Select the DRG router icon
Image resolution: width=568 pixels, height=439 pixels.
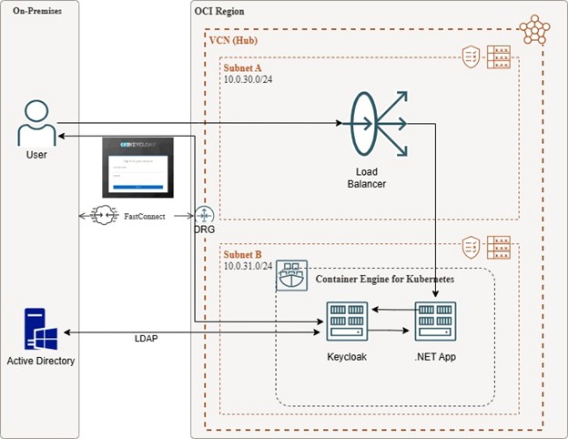(203, 216)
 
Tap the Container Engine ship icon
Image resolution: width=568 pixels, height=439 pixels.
(291, 275)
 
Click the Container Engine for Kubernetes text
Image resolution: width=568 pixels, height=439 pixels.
(383, 278)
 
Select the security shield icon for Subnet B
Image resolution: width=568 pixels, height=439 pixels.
(472, 245)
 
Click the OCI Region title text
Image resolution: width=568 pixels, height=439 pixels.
(225, 12)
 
